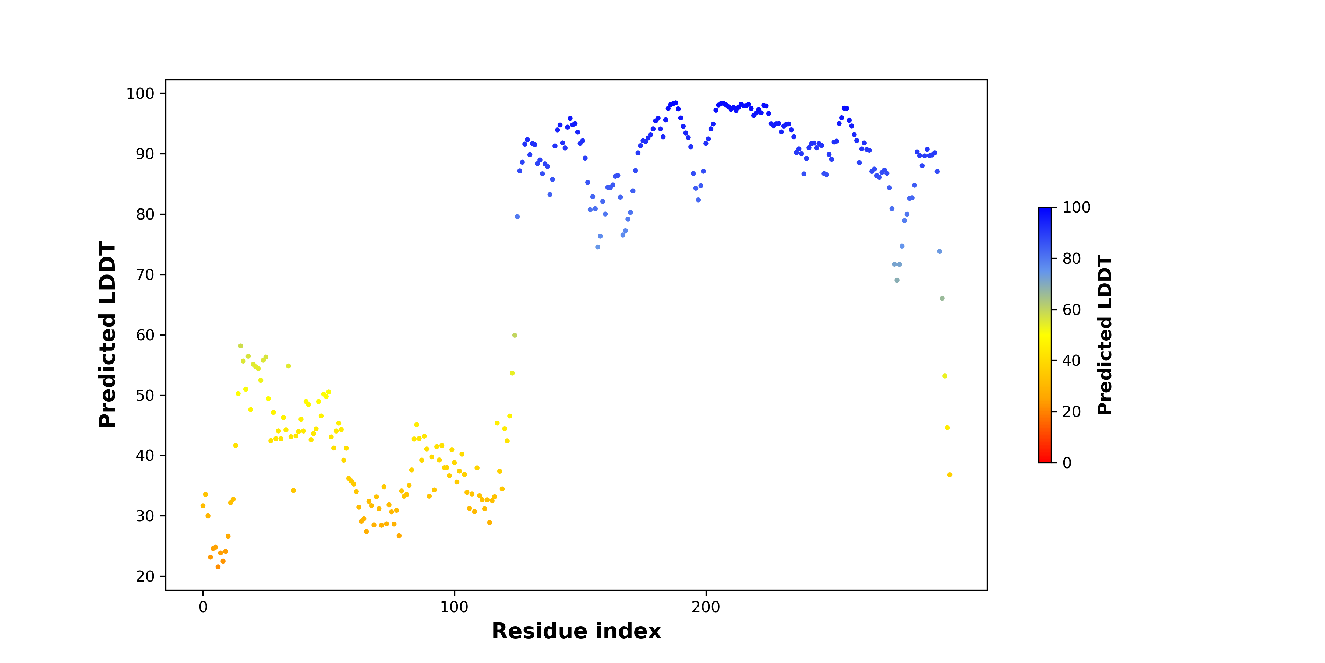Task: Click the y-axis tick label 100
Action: (x=140, y=93)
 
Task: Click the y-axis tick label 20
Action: (x=145, y=576)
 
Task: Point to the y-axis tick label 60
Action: (x=145, y=335)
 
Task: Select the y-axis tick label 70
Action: (x=145, y=275)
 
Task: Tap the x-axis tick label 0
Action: (x=203, y=607)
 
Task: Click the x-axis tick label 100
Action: (x=454, y=607)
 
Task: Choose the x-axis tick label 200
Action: (x=706, y=607)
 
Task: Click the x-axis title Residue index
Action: (x=576, y=631)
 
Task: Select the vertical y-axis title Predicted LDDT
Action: (x=107, y=334)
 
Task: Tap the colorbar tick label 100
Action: (x=1076, y=207)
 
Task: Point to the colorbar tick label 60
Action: (x=1071, y=309)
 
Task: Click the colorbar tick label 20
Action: (x=1071, y=412)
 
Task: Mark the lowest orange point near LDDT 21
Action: (x=218, y=567)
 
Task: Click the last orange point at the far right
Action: (x=950, y=475)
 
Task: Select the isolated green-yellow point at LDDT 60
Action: (x=515, y=335)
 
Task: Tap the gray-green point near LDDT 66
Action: (x=942, y=299)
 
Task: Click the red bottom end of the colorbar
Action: (x=1045, y=461)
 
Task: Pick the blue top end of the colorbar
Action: (x=1045, y=209)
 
